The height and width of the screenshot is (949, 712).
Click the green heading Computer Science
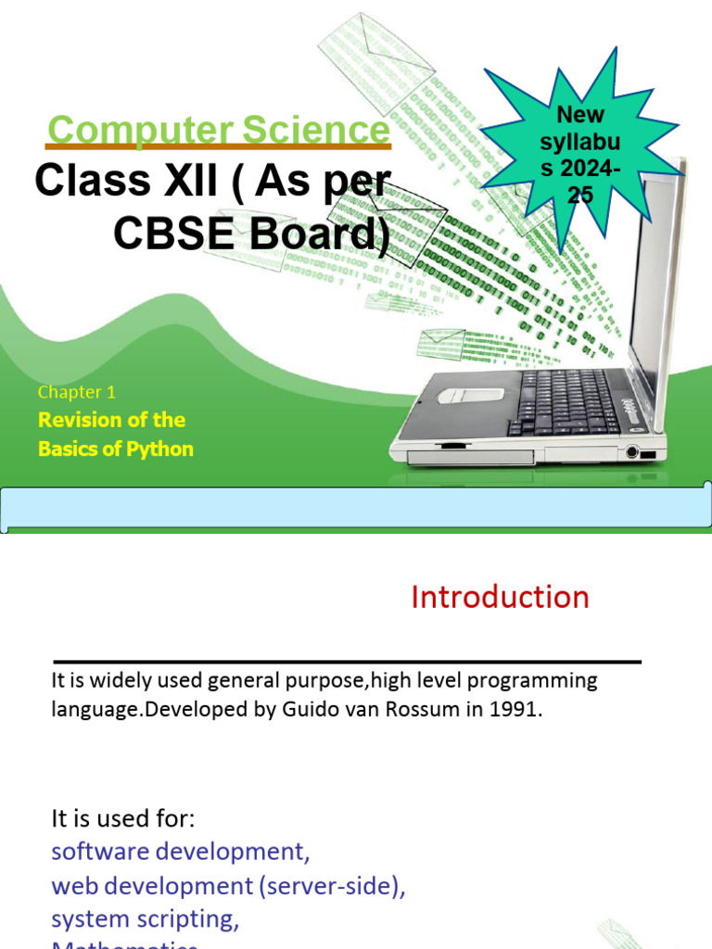219,130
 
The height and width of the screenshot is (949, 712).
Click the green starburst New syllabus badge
580,154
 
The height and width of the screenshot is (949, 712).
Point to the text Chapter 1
77,392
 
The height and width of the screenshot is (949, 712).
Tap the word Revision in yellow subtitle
81,420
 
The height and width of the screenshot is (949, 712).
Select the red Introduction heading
500,598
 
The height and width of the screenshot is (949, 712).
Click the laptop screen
654,278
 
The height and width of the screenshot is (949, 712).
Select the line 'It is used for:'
124,819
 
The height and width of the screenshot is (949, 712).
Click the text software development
179,852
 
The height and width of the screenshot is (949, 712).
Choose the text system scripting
145,918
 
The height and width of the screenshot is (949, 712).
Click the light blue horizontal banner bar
355,509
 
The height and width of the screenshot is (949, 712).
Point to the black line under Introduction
347,663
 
